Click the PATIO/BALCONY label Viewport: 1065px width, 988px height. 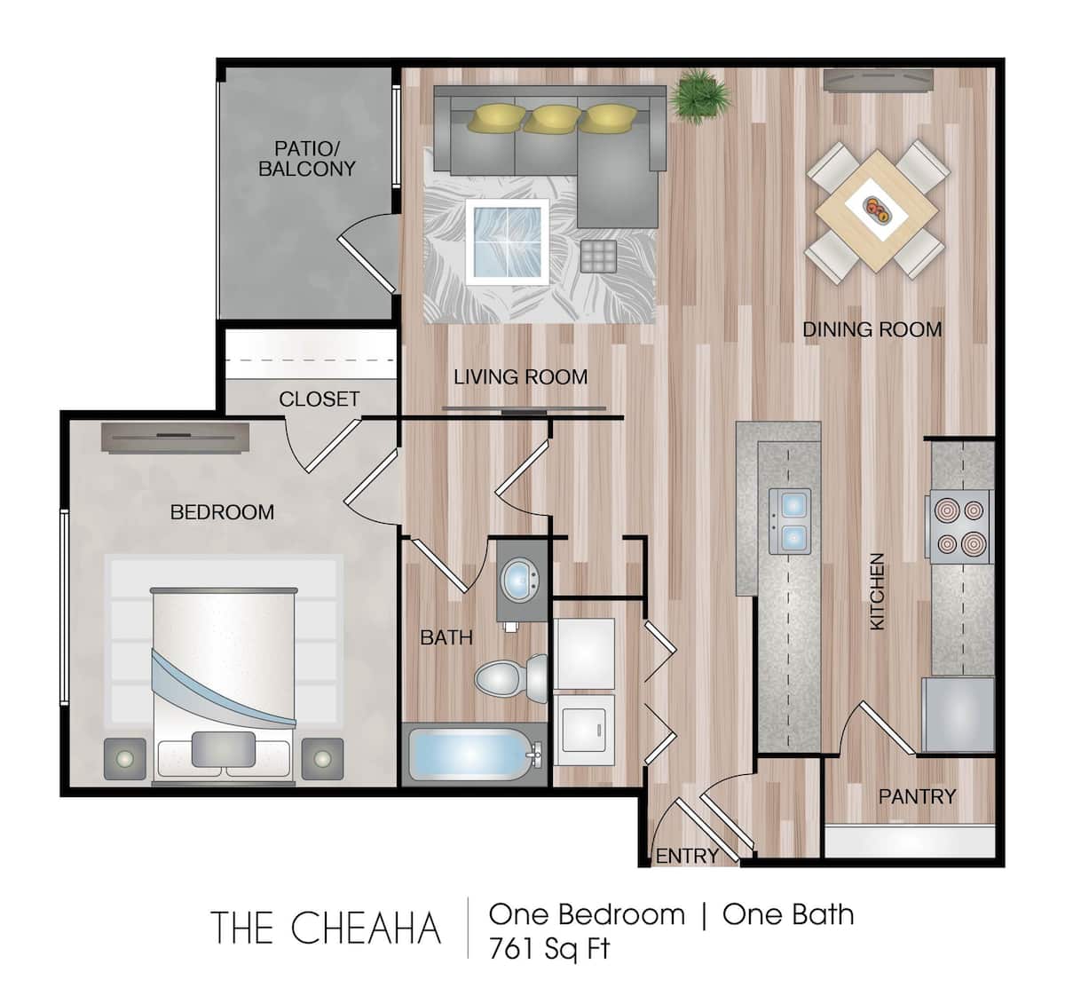[x=306, y=158]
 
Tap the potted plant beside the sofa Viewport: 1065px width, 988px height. [x=702, y=94]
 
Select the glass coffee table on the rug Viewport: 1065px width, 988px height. [x=506, y=241]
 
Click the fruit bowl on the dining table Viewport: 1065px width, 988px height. [x=877, y=210]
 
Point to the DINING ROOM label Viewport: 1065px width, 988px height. [x=872, y=329]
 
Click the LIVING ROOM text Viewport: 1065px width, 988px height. [x=520, y=376]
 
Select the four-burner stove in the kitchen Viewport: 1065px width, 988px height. [x=959, y=527]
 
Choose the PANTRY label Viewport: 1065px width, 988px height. [x=917, y=796]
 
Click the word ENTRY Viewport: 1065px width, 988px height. [x=687, y=856]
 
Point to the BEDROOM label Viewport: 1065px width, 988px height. [x=222, y=512]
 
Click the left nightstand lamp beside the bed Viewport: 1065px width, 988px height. [x=125, y=759]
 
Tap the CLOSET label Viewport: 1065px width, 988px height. [x=319, y=399]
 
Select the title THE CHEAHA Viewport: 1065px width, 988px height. [x=326, y=929]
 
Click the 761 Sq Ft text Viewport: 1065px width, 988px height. [x=549, y=948]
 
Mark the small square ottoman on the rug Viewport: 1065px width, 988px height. [x=598, y=257]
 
